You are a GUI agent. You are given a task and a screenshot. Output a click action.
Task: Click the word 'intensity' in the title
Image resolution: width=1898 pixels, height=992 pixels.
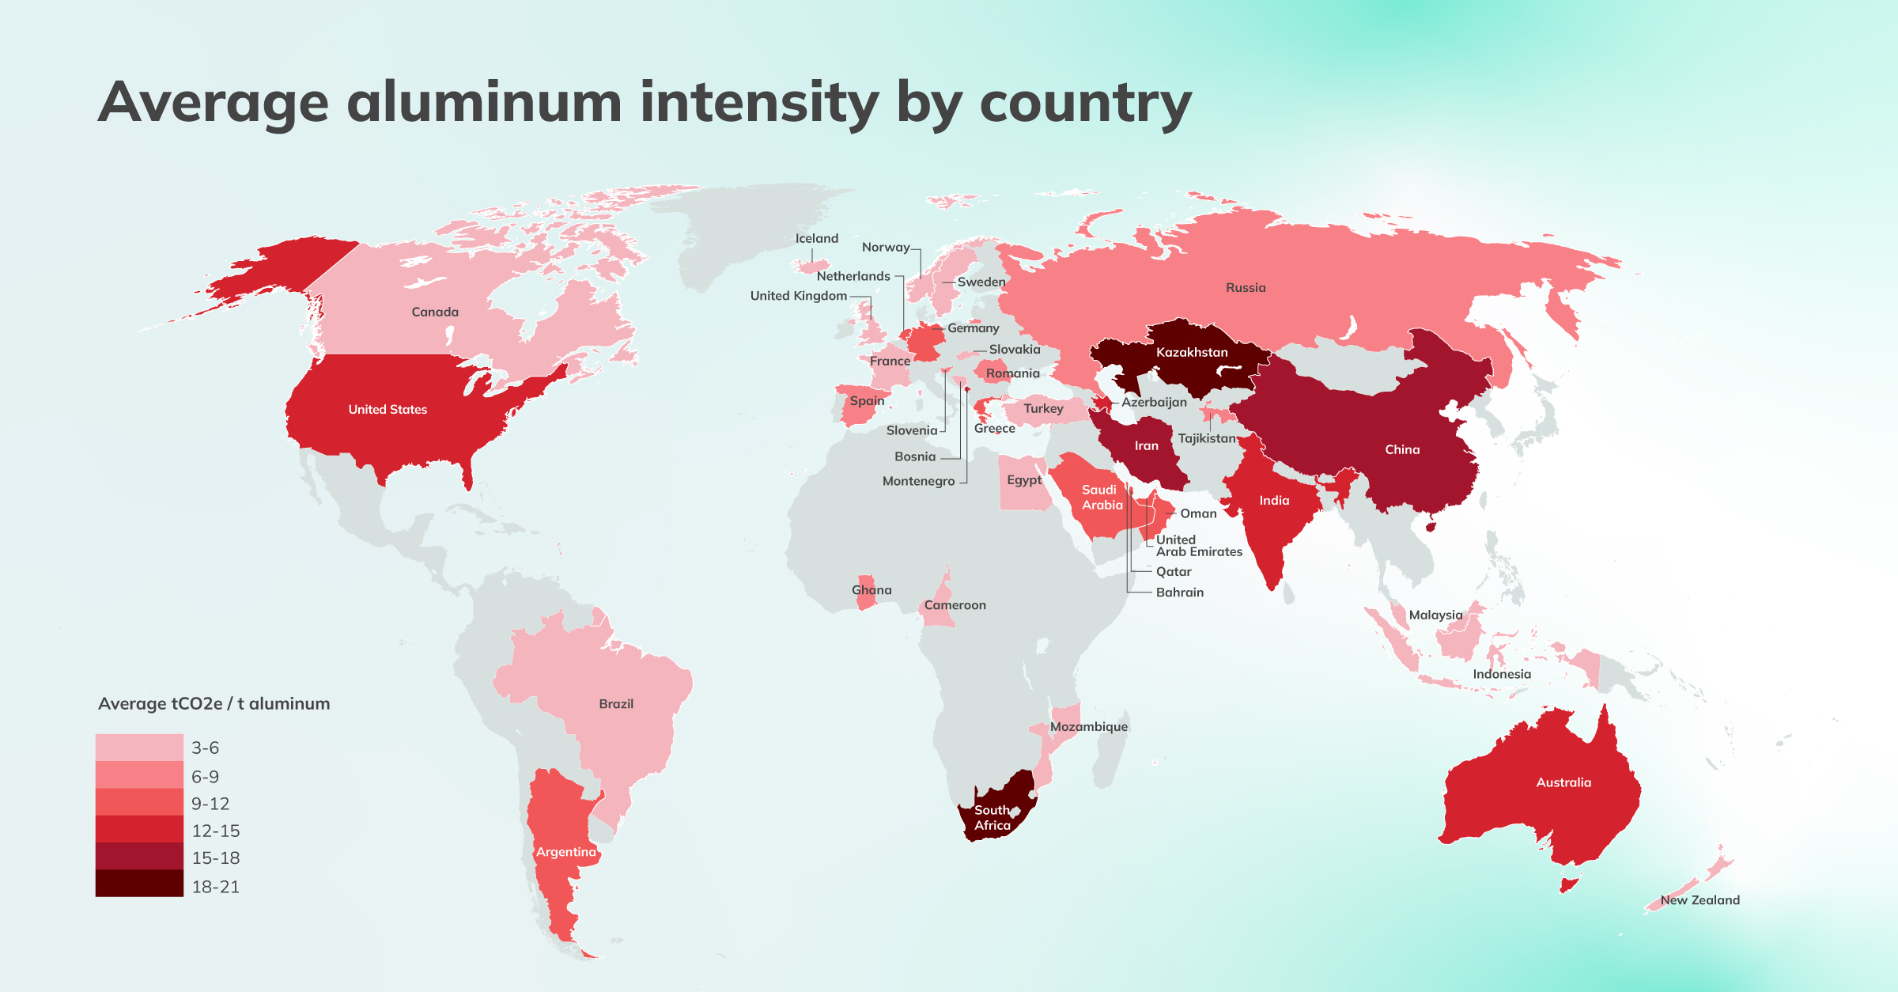tap(758, 103)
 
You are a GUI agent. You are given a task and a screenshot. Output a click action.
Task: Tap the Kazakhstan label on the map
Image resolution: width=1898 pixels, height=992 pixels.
tap(1192, 352)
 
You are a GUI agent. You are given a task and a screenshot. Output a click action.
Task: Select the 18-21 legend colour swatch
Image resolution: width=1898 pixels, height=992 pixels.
tap(139, 884)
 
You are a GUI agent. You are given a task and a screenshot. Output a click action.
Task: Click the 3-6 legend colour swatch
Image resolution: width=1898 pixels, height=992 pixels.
tap(139, 747)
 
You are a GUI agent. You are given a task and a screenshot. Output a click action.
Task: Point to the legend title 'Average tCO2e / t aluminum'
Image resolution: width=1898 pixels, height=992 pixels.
tap(214, 703)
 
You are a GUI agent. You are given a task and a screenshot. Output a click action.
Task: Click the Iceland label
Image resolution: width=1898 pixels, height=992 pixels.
tap(816, 238)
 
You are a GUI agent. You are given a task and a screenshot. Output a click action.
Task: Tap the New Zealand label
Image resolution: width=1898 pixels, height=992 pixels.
tap(1700, 899)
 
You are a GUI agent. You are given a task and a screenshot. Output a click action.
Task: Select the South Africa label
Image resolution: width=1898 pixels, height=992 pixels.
tap(992, 817)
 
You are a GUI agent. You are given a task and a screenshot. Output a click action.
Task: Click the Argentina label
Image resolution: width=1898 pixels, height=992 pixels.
tap(565, 852)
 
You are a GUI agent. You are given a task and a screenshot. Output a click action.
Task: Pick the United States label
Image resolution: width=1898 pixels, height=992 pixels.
tap(388, 409)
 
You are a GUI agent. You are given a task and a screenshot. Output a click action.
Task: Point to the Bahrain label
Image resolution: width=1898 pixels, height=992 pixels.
tap(1179, 592)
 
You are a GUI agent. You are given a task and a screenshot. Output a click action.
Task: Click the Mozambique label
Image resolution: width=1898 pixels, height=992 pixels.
tap(1088, 726)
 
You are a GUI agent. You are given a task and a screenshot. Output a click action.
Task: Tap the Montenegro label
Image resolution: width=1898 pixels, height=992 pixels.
tap(918, 481)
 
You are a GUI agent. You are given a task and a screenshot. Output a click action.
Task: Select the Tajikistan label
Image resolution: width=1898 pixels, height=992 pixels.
tap(1206, 438)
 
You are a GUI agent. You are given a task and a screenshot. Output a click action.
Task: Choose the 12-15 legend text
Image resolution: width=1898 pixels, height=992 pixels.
tap(215, 831)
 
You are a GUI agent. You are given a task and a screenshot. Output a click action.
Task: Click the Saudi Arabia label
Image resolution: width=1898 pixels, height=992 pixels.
tap(1101, 497)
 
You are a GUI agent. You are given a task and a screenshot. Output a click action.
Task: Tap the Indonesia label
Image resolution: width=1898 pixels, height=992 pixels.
tap(1501, 674)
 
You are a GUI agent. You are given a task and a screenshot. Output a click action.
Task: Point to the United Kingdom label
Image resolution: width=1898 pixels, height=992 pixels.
tap(798, 295)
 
